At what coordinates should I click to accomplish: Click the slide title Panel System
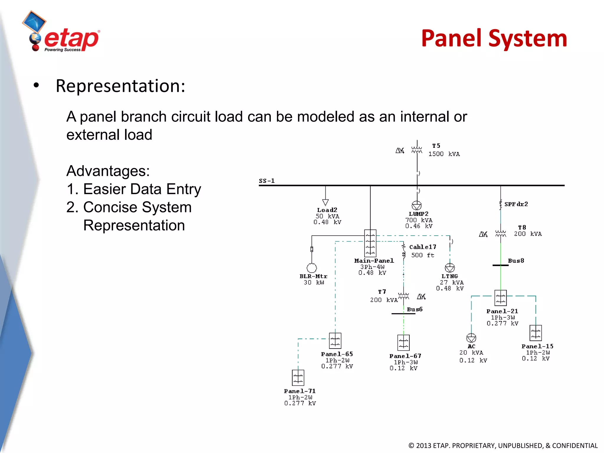[x=494, y=38]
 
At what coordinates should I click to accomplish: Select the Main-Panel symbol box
[x=370, y=243]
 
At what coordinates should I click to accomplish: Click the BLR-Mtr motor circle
[x=312, y=268]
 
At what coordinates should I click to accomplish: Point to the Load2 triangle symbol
[x=325, y=202]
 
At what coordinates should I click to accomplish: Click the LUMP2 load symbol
[x=417, y=205]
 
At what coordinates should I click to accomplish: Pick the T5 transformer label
[x=436, y=146]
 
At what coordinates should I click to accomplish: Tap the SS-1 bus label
[x=267, y=181]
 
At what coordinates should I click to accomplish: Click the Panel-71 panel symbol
[x=298, y=377]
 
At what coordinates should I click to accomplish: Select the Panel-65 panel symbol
[x=335, y=341]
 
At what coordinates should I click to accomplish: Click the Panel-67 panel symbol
[x=403, y=342]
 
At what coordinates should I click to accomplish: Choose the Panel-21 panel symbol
[x=500, y=298]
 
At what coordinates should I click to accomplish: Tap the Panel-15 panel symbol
[x=536, y=333]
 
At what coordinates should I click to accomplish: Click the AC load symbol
[x=471, y=338]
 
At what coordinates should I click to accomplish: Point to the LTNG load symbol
[x=450, y=268]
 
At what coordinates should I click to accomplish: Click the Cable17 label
[x=423, y=247]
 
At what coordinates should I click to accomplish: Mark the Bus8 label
[x=516, y=261]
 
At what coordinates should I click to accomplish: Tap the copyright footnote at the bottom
[x=503, y=445]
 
